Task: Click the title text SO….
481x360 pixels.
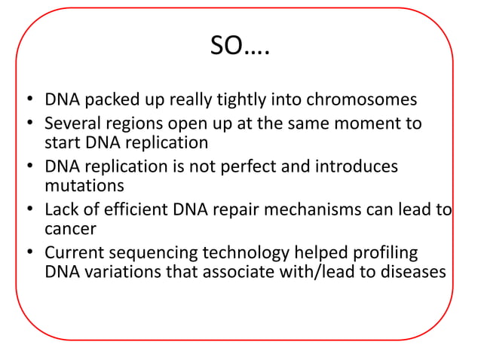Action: [x=240, y=49]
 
